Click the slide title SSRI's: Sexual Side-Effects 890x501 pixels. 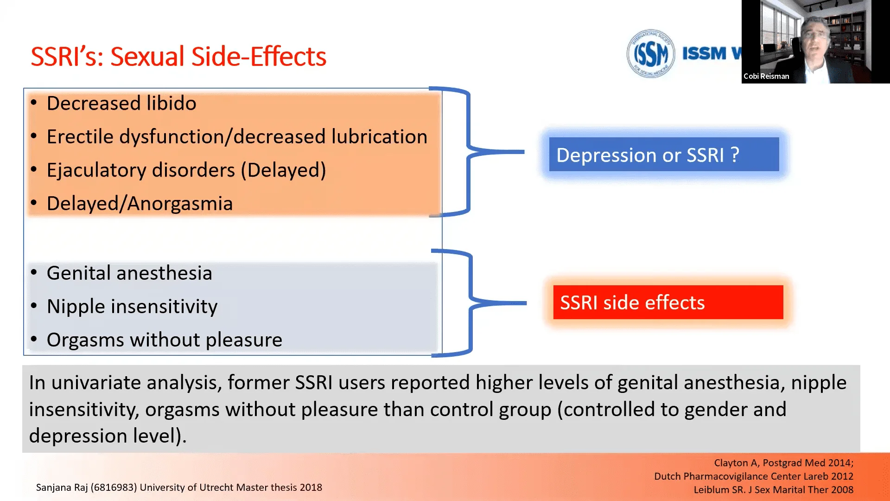tap(178, 57)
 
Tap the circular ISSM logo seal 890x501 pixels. tap(650, 54)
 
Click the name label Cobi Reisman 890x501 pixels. tap(766, 76)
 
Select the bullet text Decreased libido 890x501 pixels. tap(121, 103)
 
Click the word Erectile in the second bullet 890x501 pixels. tap(80, 137)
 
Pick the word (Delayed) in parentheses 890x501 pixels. tap(283, 170)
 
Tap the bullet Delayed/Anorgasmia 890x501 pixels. tap(140, 204)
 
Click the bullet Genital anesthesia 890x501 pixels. tap(129, 273)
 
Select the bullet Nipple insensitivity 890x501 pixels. tap(132, 307)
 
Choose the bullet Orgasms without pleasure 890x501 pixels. tap(165, 340)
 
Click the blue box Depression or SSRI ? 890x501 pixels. tap(663, 154)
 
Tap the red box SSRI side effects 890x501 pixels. tap(667, 302)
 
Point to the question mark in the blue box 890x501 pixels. tap(735, 154)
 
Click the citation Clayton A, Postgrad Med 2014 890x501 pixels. tap(783, 463)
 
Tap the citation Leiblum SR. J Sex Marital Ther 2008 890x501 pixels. tap(773, 490)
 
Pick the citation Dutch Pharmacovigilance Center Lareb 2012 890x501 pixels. tap(753, 476)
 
